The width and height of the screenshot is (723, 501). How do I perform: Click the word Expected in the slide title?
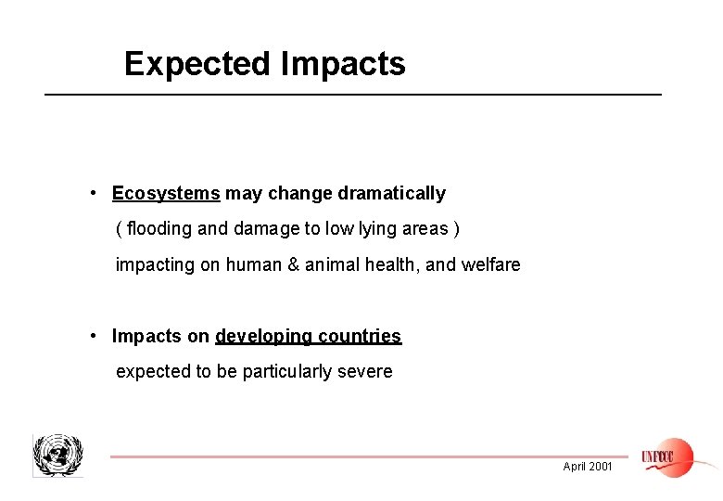pyautogui.click(x=195, y=64)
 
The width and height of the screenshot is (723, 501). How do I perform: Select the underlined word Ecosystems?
pyautogui.click(x=166, y=194)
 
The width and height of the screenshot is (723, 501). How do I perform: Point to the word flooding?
pyautogui.click(x=159, y=229)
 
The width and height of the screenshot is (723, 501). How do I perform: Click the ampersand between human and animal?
pyautogui.click(x=294, y=265)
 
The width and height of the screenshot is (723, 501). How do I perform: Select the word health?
pyautogui.click(x=387, y=265)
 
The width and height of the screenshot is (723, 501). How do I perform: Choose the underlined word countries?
pyautogui.click(x=360, y=336)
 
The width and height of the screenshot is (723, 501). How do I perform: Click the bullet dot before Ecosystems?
pyautogui.click(x=95, y=193)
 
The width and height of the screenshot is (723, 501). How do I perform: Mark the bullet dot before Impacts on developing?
pyautogui.click(x=95, y=335)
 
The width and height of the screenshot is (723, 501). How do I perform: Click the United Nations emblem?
pyautogui.click(x=57, y=455)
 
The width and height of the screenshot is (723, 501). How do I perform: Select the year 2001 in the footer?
pyautogui.click(x=601, y=467)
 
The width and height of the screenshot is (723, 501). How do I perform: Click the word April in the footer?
pyautogui.click(x=574, y=467)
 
